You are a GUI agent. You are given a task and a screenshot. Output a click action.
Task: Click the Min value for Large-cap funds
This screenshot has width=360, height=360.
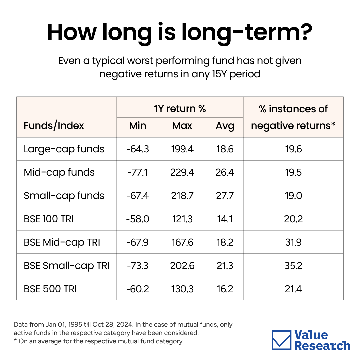coord(138,149)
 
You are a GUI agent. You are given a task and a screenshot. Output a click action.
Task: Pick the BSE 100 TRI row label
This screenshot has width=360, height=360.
coord(49,219)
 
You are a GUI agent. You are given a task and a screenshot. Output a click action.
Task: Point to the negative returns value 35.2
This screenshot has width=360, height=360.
coord(293,266)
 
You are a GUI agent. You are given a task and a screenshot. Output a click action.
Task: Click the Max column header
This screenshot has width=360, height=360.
coord(182,126)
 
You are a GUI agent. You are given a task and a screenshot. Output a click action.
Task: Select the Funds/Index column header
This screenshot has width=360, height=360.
coord(54,126)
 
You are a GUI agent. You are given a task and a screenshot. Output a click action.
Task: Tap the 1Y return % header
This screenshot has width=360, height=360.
coord(180,109)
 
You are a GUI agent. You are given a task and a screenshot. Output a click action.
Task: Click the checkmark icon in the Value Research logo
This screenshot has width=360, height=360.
coord(281,340)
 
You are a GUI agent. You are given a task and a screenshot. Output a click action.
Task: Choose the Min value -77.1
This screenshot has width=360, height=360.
coord(138,172)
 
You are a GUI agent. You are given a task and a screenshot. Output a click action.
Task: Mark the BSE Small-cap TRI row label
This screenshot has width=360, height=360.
coord(67,266)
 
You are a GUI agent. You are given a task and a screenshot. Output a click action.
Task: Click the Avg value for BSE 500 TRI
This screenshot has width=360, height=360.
coord(225,289)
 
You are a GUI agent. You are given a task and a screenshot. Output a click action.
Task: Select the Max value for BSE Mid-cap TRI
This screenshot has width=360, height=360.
coord(182,242)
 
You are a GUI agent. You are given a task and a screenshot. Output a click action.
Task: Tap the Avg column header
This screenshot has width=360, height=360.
coord(225,126)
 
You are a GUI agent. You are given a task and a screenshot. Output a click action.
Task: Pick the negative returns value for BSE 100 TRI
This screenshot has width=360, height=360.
coord(293,219)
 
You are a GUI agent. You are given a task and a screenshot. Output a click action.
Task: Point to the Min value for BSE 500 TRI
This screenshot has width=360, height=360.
coord(138,289)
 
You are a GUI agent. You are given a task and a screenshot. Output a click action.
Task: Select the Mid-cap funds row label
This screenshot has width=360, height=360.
coord(59,172)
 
